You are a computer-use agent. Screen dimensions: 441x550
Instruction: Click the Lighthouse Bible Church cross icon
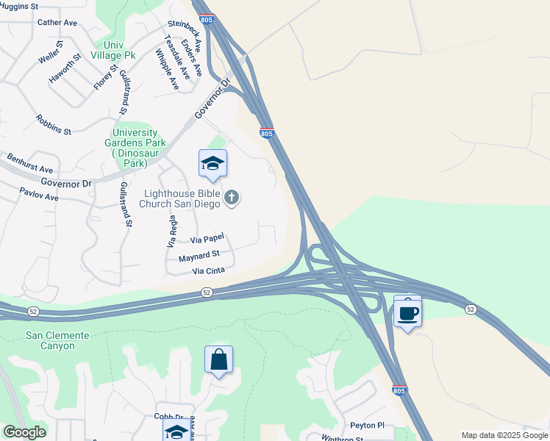(232, 197)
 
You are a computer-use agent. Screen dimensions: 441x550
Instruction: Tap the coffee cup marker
(407, 314)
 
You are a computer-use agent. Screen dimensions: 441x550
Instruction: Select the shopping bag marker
(218, 360)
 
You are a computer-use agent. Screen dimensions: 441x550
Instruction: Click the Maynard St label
(194, 256)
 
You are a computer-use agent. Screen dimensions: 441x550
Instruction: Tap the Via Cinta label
(208, 271)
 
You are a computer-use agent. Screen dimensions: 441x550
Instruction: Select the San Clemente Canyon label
(57, 340)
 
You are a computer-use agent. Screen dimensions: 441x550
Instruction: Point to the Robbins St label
(53, 125)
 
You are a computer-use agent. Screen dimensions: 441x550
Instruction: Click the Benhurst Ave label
(31, 163)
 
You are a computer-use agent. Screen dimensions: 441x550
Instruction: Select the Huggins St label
(19, 6)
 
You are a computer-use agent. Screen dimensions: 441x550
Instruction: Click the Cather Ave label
(57, 23)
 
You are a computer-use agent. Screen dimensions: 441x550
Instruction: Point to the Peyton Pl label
(367, 425)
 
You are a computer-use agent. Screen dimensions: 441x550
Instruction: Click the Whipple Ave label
(167, 69)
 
